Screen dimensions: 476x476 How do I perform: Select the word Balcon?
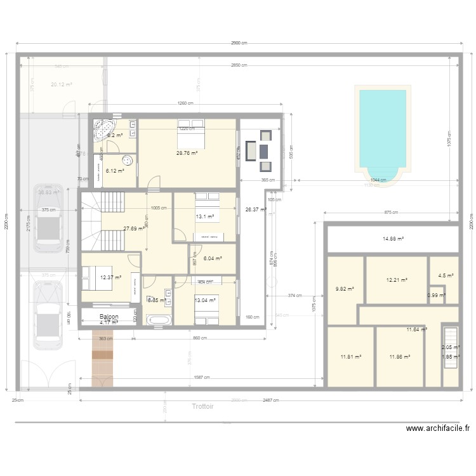click(x=109, y=316)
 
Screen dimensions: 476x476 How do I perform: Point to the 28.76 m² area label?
click(x=188, y=153)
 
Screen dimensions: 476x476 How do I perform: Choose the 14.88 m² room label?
click(x=393, y=239)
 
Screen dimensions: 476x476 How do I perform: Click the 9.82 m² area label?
click(x=345, y=288)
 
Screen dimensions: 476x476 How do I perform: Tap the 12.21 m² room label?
click(x=397, y=279)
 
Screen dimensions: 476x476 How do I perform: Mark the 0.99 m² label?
click(x=436, y=295)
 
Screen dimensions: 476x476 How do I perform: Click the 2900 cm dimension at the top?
click(x=238, y=43)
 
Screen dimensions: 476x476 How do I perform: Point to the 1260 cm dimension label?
click(x=185, y=104)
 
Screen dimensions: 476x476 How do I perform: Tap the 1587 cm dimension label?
click(x=203, y=378)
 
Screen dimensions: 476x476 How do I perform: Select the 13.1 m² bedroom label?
click(x=205, y=216)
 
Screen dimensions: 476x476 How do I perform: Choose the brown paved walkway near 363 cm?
click(x=102, y=362)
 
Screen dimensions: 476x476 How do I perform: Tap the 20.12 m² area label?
click(x=62, y=84)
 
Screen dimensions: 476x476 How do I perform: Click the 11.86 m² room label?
click(x=400, y=357)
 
